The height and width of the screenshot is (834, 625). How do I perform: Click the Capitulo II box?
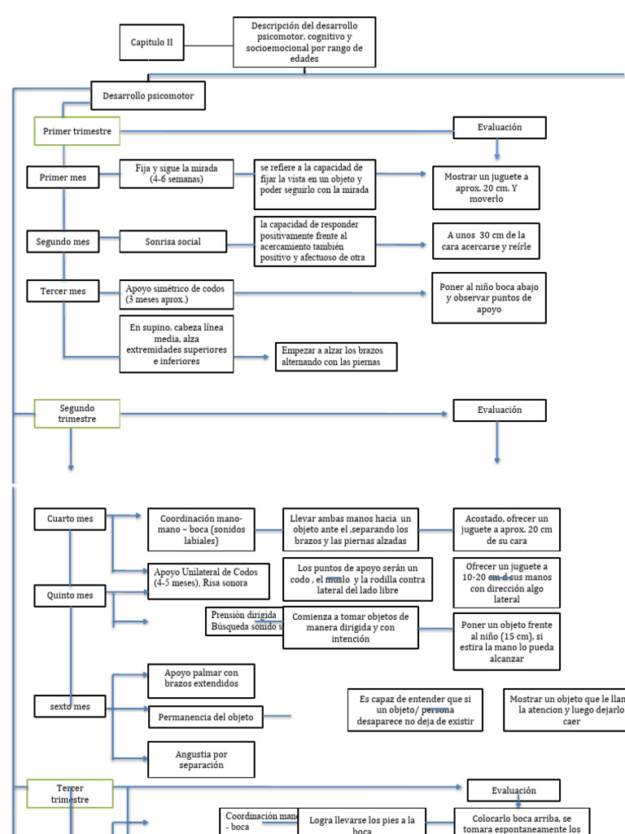click(x=152, y=43)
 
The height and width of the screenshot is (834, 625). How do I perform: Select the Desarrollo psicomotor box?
click(x=147, y=96)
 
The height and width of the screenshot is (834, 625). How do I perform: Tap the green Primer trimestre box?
click(x=77, y=131)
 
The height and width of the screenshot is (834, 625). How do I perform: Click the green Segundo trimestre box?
click(x=77, y=413)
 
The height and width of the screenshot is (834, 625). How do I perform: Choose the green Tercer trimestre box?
click(x=70, y=794)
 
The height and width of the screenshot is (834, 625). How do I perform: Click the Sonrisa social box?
click(x=173, y=242)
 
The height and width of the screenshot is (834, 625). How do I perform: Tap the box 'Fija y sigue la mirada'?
click(x=177, y=173)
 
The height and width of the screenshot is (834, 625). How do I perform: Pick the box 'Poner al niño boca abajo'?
click(x=489, y=298)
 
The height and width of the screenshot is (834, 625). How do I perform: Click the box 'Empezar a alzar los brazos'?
click(x=336, y=356)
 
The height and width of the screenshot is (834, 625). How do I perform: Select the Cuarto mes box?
click(x=70, y=519)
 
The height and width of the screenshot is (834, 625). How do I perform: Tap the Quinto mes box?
click(x=70, y=595)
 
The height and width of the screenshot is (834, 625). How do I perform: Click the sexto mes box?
click(x=70, y=707)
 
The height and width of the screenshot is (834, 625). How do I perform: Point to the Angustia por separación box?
click(x=200, y=760)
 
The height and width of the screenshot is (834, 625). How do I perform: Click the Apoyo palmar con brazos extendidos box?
click(x=201, y=678)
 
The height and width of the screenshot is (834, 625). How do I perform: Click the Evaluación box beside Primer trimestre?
click(x=499, y=127)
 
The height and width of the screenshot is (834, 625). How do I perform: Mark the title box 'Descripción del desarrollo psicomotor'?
click(x=304, y=42)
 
